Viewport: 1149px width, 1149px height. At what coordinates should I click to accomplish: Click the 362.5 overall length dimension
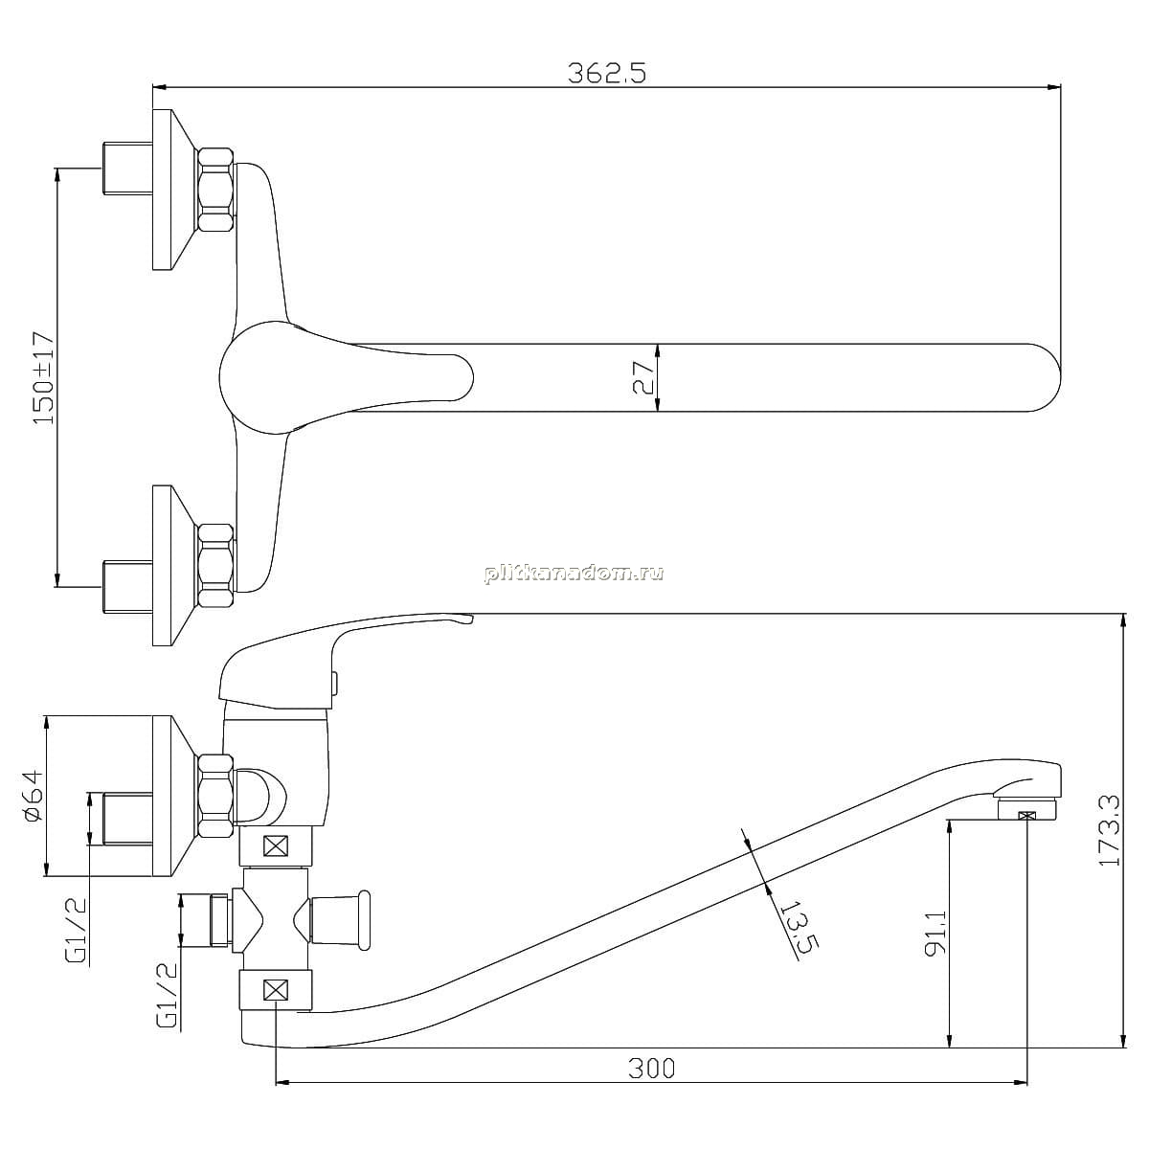click(x=606, y=74)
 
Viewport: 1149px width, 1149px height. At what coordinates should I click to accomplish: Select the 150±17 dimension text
click(x=43, y=378)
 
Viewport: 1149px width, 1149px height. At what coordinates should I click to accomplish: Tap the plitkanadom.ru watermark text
click(x=574, y=573)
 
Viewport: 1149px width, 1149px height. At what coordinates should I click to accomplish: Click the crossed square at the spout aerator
click(x=1027, y=815)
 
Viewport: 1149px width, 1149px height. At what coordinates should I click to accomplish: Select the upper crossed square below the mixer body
click(x=276, y=846)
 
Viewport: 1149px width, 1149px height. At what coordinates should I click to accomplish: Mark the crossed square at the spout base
click(x=276, y=990)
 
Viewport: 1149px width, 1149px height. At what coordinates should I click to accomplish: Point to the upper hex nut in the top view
click(x=214, y=191)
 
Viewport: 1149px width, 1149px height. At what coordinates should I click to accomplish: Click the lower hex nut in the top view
click(x=214, y=566)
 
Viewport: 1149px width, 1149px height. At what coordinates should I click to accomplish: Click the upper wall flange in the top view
click(x=174, y=190)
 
